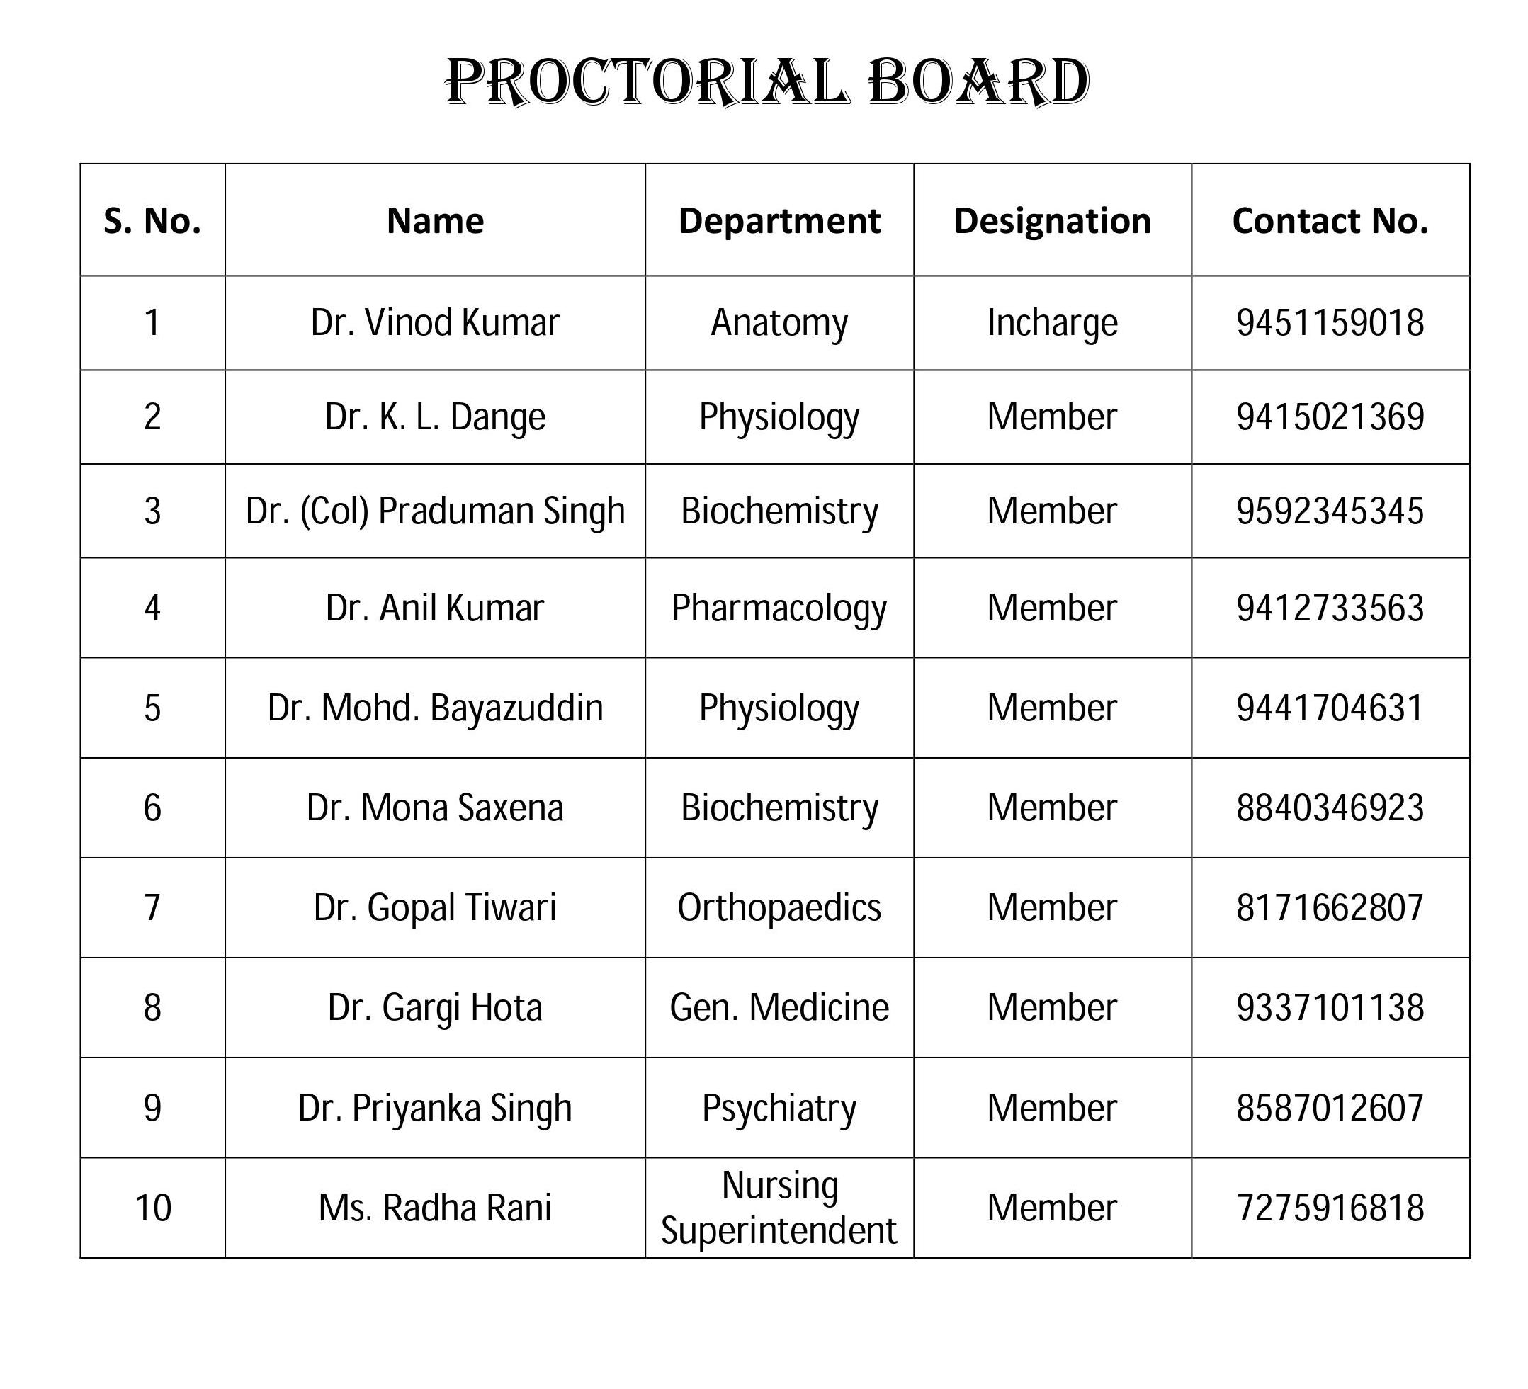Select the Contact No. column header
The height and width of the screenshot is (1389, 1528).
pyautogui.click(x=1330, y=221)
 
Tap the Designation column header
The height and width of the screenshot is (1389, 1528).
pyautogui.click(x=1052, y=221)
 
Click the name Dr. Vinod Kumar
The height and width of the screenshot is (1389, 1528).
pyautogui.click(x=434, y=323)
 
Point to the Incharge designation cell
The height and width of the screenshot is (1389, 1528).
pyautogui.click(x=1052, y=323)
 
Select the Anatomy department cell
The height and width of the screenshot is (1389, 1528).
pyautogui.click(x=779, y=323)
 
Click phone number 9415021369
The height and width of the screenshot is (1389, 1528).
pyautogui.click(x=1330, y=416)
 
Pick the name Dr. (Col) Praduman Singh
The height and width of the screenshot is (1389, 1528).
pyautogui.click(x=434, y=511)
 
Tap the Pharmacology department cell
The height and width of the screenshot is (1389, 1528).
pyautogui.click(x=779, y=608)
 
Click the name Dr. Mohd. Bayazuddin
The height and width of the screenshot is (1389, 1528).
pyautogui.click(x=434, y=708)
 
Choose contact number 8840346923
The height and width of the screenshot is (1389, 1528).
pyautogui.click(x=1330, y=807)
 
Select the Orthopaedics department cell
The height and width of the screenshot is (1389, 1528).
pyautogui.click(x=779, y=908)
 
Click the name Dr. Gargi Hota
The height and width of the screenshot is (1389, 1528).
pyautogui.click(x=434, y=1008)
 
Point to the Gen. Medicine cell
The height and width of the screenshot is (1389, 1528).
pyautogui.click(x=779, y=1008)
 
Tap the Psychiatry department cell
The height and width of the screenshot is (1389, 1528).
pyautogui.click(x=779, y=1108)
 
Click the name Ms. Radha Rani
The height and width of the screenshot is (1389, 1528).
pyautogui.click(x=434, y=1208)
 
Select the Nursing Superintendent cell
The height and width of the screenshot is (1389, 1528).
pyautogui.click(x=779, y=1208)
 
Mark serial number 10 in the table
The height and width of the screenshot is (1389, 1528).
pyautogui.click(x=152, y=1208)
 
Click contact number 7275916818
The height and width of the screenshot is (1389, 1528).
pyautogui.click(x=1330, y=1208)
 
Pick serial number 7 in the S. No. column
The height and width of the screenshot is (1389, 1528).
pyautogui.click(x=152, y=908)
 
